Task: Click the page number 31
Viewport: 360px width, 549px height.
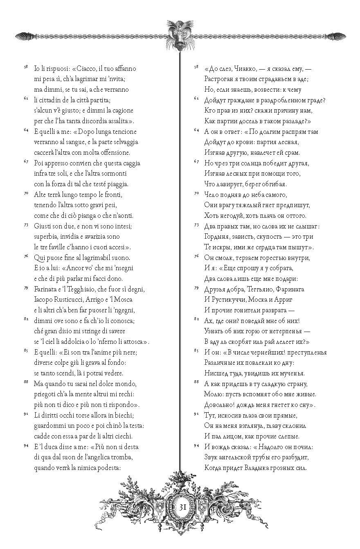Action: pyautogui.click(x=182, y=506)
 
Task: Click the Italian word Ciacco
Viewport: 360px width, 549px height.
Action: pyautogui.click(x=81, y=68)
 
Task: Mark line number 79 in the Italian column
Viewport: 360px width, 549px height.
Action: pyautogui.click(x=26, y=288)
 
